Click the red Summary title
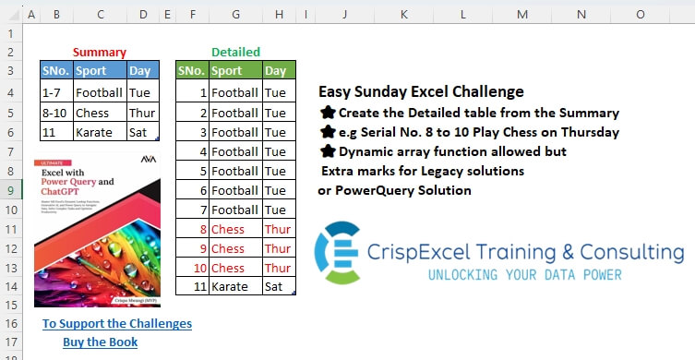(x=99, y=53)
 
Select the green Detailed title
(x=235, y=53)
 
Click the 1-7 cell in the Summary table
(x=54, y=92)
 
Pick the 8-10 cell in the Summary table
(x=56, y=113)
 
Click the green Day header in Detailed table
(x=275, y=71)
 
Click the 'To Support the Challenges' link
(x=117, y=324)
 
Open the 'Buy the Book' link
(x=101, y=342)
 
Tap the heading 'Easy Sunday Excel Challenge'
(x=421, y=92)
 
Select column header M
(x=522, y=14)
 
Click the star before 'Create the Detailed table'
(x=327, y=113)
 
